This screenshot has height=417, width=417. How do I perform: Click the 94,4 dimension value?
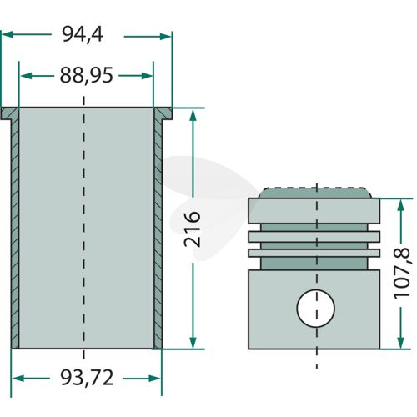tap(83, 34)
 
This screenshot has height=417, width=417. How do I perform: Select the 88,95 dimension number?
tap(87, 75)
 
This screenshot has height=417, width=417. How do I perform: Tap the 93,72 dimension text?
tap(87, 378)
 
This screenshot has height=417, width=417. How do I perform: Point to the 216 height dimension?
tap(192, 229)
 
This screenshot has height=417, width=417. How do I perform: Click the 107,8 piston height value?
tap(402, 274)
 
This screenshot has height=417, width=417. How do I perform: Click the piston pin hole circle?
tap(315, 309)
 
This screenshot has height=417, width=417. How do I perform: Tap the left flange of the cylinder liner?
tap(10, 113)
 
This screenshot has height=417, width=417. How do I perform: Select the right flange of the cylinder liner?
tap(163, 113)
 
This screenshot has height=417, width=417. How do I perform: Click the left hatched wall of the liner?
tap(15, 234)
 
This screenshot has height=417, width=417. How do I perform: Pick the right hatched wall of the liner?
tap(158, 234)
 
